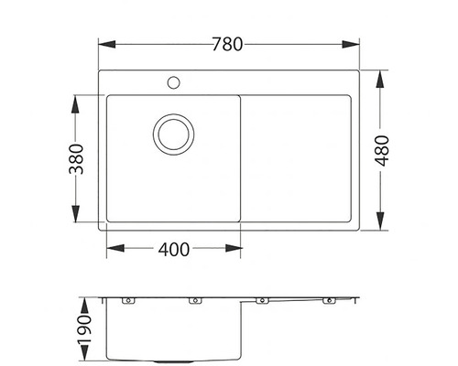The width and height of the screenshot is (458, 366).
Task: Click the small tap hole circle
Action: pos(172,83)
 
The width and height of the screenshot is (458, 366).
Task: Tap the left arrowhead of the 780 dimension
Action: pos(102,42)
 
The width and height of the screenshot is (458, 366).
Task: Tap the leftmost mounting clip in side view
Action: pos(128,301)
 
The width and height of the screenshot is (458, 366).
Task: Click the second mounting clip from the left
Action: pos(194,301)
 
